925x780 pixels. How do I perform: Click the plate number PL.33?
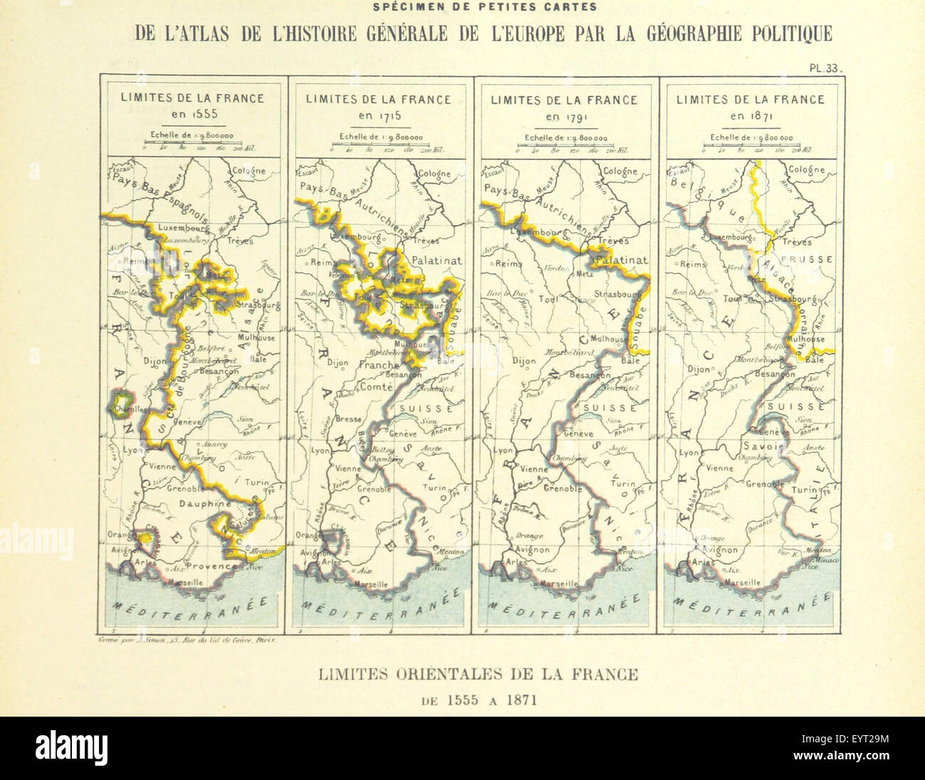825,69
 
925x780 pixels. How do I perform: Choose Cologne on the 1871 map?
805,170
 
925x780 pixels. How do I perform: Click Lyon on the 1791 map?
504,451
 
